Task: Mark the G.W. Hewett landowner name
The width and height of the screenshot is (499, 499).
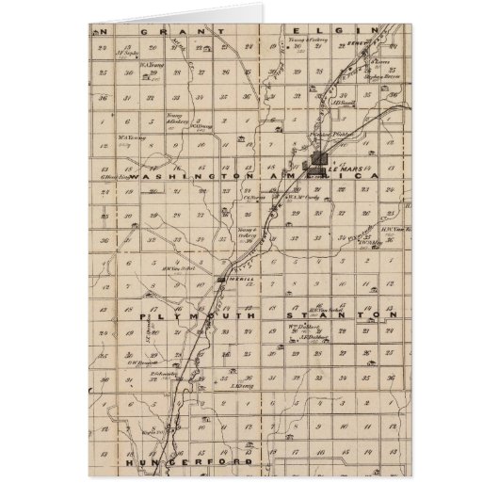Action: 154,361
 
